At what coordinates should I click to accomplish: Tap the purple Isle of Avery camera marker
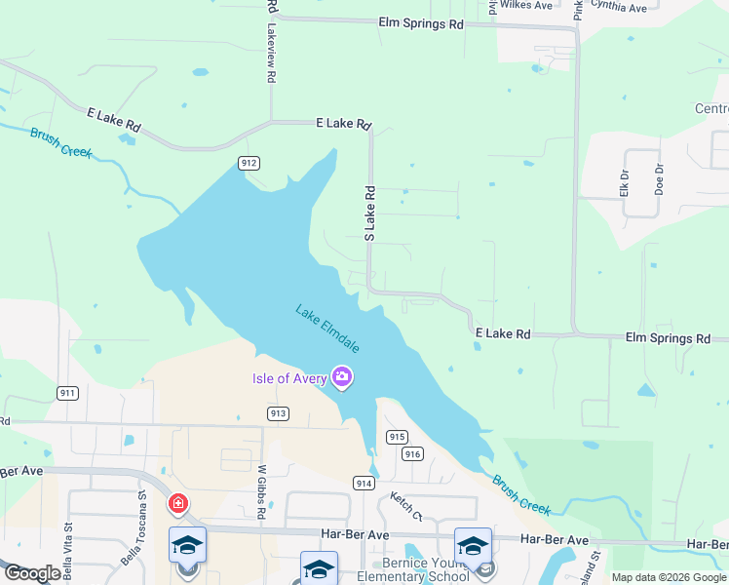pyautogui.click(x=341, y=377)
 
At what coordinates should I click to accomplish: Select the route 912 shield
pyautogui.click(x=249, y=163)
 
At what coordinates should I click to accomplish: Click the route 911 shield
pyautogui.click(x=67, y=393)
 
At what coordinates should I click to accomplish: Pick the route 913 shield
pyautogui.click(x=278, y=413)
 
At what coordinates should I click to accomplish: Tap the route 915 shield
pyautogui.click(x=396, y=437)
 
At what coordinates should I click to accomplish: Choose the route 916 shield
pyautogui.click(x=412, y=453)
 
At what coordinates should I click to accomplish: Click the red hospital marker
pyautogui.click(x=178, y=504)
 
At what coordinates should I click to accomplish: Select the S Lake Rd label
pyautogui.click(x=369, y=214)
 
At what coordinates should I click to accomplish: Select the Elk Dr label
pyautogui.click(x=625, y=183)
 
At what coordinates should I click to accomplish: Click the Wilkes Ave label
pyautogui.click(x=525, y=5)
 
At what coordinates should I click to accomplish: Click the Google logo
pyautogui.click(x=32, y=573)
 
